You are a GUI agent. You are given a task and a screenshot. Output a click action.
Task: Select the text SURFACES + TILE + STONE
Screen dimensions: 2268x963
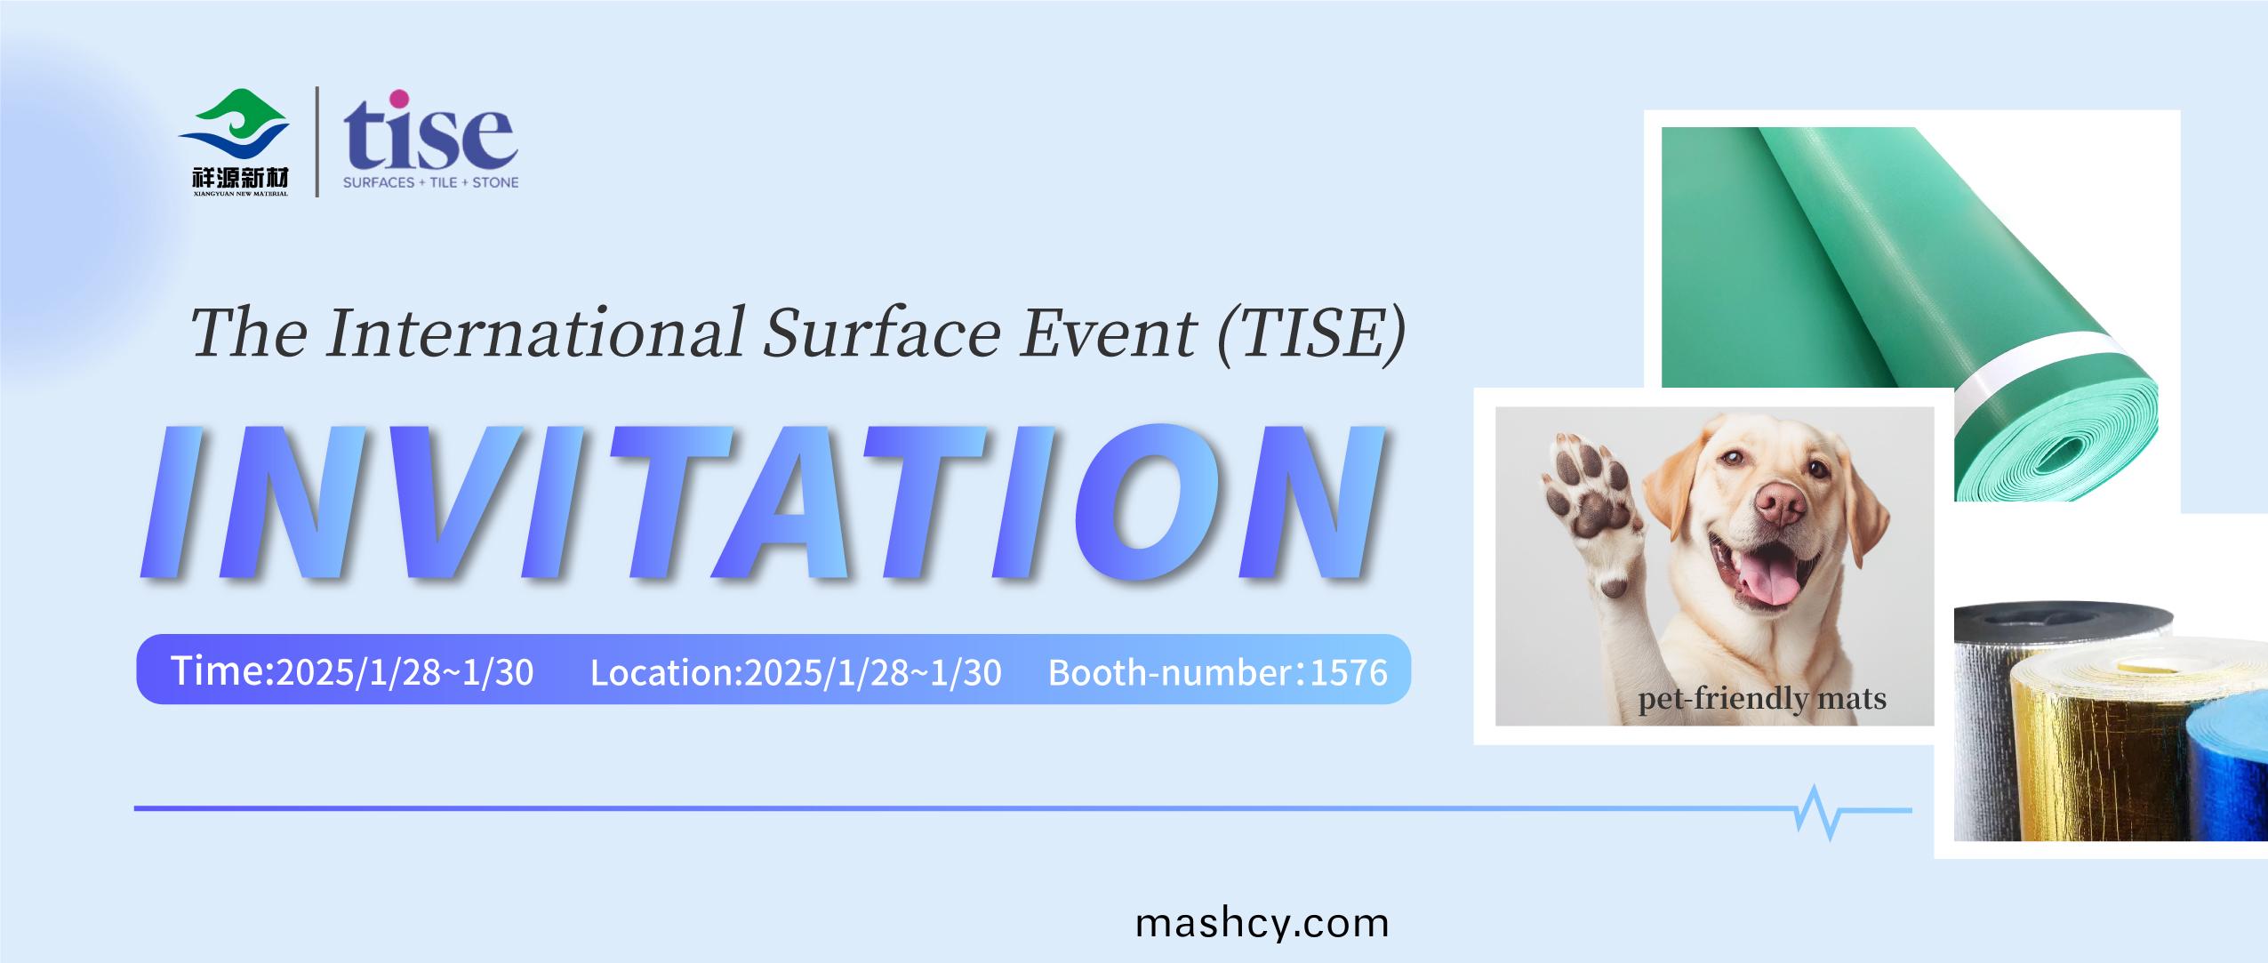(431, 182)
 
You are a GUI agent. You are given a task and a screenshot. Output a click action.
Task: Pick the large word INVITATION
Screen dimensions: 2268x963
(763, 502)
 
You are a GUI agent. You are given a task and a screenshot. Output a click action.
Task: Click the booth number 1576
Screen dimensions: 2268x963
(1349, 673)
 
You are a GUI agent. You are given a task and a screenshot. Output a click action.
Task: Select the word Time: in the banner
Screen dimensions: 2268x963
(223, 670)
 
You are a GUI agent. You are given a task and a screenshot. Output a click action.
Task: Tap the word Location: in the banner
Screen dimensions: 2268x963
(667, 672)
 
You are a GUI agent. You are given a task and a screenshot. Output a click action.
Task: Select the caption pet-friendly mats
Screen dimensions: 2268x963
(1762, 699)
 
